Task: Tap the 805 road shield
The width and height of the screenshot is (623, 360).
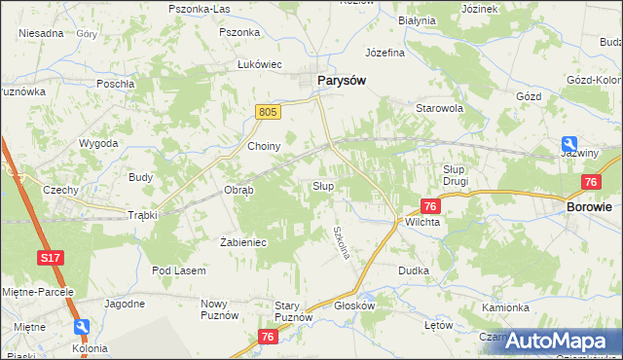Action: [270, 113]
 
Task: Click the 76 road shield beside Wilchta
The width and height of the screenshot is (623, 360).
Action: [430, 206]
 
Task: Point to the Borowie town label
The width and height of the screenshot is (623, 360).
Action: [589, 207]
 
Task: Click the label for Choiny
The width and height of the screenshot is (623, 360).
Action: [264, 147]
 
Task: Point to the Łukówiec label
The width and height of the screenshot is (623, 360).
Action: [260, 64]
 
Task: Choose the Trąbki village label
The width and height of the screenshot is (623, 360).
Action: [142, 215]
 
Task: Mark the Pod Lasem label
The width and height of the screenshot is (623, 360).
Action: [175, 270]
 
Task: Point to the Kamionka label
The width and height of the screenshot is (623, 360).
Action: [505, 307]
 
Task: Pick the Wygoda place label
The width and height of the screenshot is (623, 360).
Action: [98, 143]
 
